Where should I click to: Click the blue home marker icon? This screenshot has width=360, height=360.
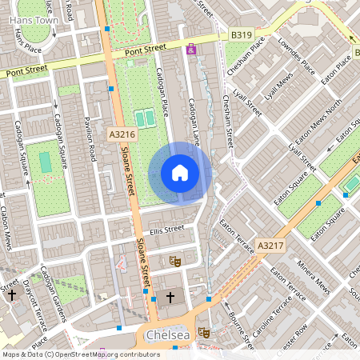(x=180, y=173)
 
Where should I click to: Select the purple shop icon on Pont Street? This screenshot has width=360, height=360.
(x=190, y=50)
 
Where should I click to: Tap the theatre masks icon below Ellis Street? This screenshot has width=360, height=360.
(x=174, y=262)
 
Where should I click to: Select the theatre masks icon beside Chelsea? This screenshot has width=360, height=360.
(x=204, y=330)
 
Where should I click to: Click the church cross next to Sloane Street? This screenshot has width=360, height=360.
(x=170, y=298)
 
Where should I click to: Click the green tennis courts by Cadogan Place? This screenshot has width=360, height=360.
(x=145, y=118)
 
